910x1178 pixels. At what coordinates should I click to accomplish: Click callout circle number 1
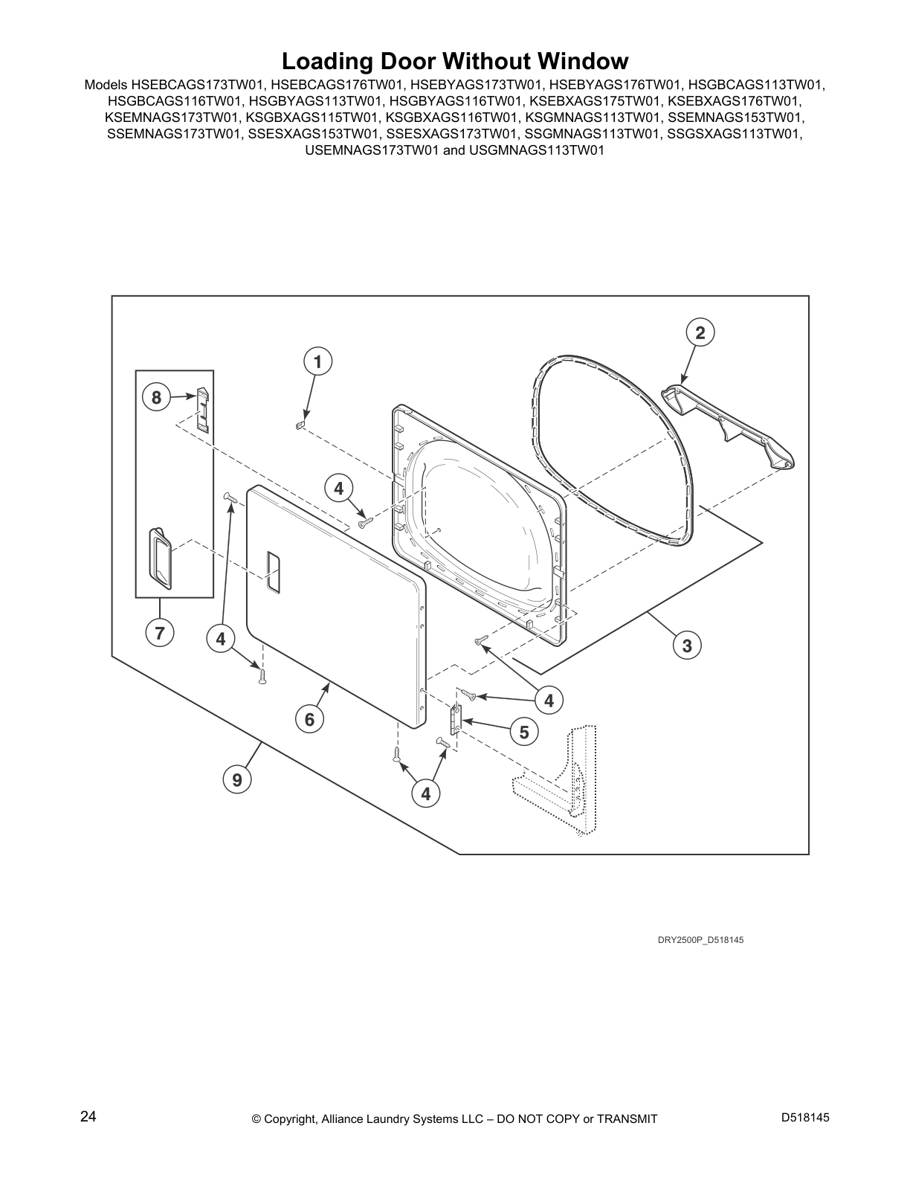pyautogui.click(x=317, y=361)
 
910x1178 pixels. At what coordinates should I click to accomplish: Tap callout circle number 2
pyautogui.click(x=700, y=332)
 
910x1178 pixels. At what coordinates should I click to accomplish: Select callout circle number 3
pyautogui.click(x=687, y=646)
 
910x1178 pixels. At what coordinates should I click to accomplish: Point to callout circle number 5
pyautogui.click(x=524, y=732)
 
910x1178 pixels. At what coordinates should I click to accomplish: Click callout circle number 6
pyautogui.click(x=309, y=719)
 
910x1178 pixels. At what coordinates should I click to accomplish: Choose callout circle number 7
pyautogui.click(x=160, y=633)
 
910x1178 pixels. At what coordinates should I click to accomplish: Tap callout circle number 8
pyautogui.click(x=156, y=397)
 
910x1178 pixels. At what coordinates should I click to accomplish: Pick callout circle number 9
pyautogui.click(x=237, y=779)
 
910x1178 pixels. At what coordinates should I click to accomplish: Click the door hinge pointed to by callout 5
pyautogui.click(x=456, y=721)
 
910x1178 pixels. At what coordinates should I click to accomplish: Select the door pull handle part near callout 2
pyautogui.click(x=726, y=425)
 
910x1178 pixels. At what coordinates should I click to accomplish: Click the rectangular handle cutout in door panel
pyautogui.click(x=273, y=573)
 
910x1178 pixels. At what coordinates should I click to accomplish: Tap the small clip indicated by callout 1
pyautogui.click(x=303, y=425)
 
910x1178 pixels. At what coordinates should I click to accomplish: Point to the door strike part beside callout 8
pyautogui.click(x=203, y=409)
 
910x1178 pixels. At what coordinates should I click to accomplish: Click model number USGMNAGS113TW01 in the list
pyautogui.click(x=537, y=150)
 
